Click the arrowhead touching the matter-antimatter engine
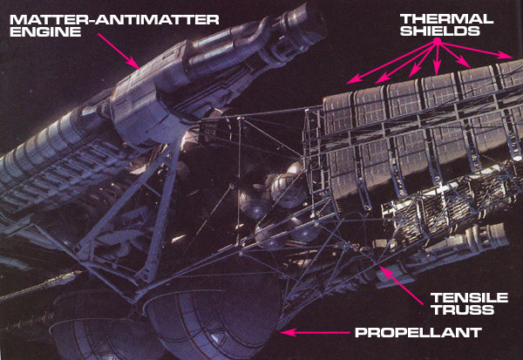[135, 66]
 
